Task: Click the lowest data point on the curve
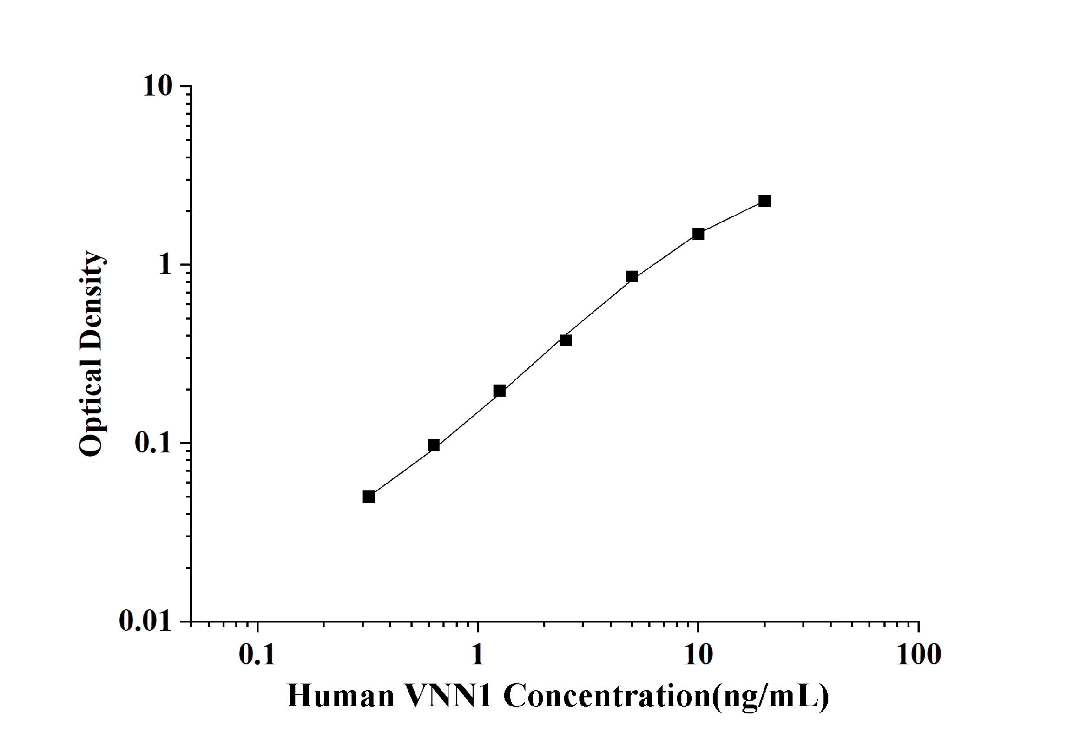point(369,497)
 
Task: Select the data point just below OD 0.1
point(434,446)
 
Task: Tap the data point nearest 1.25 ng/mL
point(500,391)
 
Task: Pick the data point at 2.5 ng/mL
point(566,340)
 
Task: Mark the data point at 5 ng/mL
point(632,277)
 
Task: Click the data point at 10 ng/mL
point(698,234)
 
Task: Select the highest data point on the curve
point(764,201)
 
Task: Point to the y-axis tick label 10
point(158,86)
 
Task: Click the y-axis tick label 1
point(165,265)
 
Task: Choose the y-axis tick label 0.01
point(145,621)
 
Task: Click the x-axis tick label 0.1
point(257,655)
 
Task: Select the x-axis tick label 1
point(477,655)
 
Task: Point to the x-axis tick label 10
point(698,655)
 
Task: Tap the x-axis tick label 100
point(918,655)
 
